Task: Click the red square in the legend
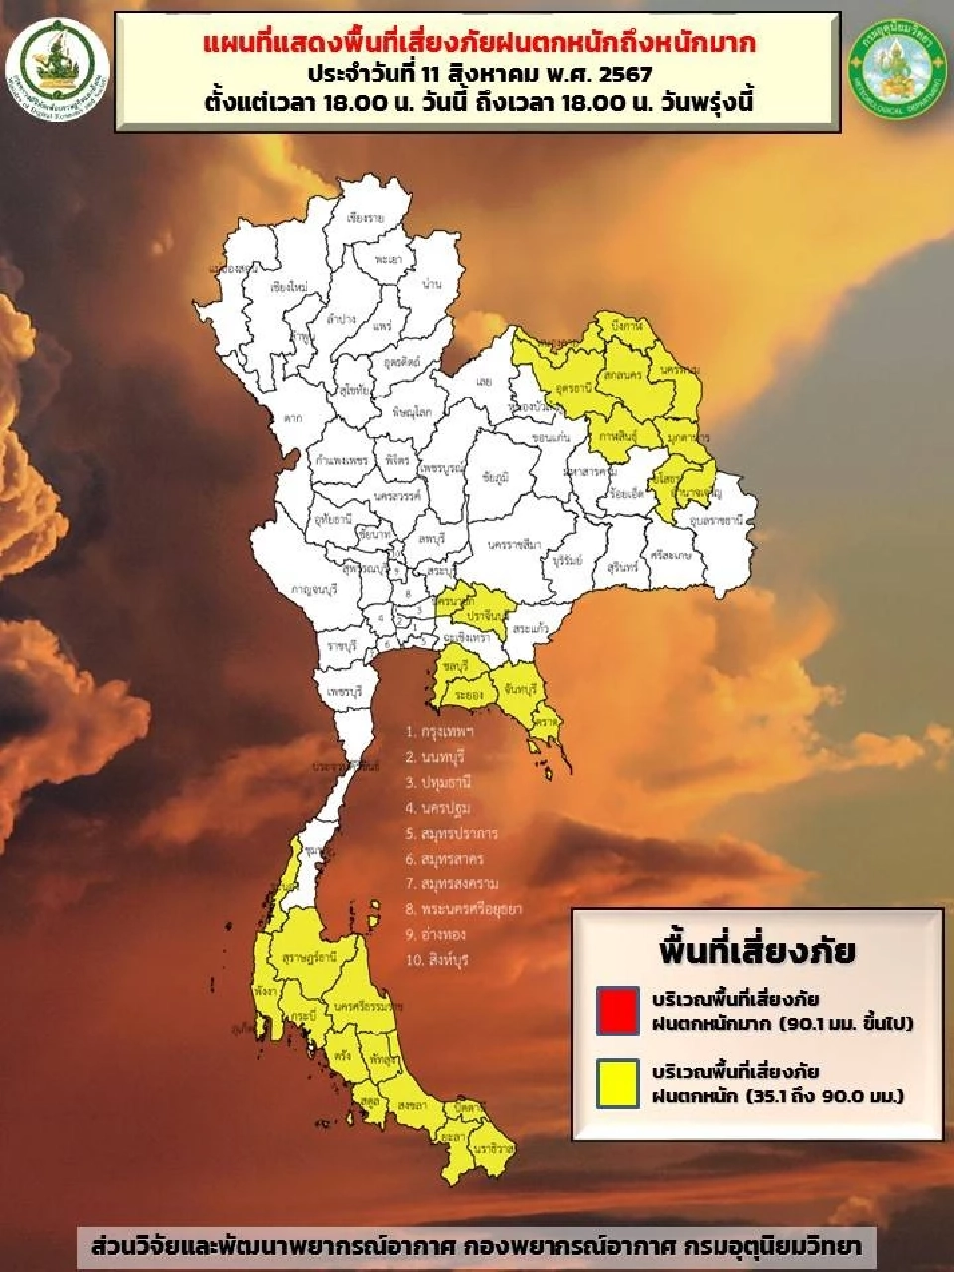tap(616, 1009)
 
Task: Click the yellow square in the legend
tap(616, 1083)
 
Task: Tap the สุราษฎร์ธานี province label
tap(309, 957)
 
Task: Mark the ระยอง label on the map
tap(470, 696)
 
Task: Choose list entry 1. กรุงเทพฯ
tap(439, 731)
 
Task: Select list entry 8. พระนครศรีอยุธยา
tap(463, 908)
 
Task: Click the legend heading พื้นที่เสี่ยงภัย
tap(756, 950)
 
